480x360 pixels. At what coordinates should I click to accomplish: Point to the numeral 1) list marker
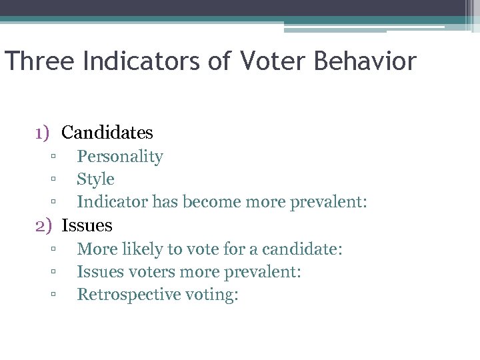[x=43, y=133]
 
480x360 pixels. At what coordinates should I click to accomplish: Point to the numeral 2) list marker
[x=43, y=225]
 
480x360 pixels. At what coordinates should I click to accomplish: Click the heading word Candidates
[x=107, y=133]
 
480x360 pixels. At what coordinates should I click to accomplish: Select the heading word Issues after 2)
[x=87, y=225]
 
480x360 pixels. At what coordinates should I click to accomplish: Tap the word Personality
[x=120, y=157]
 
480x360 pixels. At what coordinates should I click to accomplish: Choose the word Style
[x=95, y=179]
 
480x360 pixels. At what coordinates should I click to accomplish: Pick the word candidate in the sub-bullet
[x=301, y=249]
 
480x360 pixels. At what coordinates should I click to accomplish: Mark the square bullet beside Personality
[x=52, y=157]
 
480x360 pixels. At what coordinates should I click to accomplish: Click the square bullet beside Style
[x=52, y=180]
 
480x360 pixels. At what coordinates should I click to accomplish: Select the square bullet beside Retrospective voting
[x=52, y=295]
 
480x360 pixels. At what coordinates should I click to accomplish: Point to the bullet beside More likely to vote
[x=52, y=249]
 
